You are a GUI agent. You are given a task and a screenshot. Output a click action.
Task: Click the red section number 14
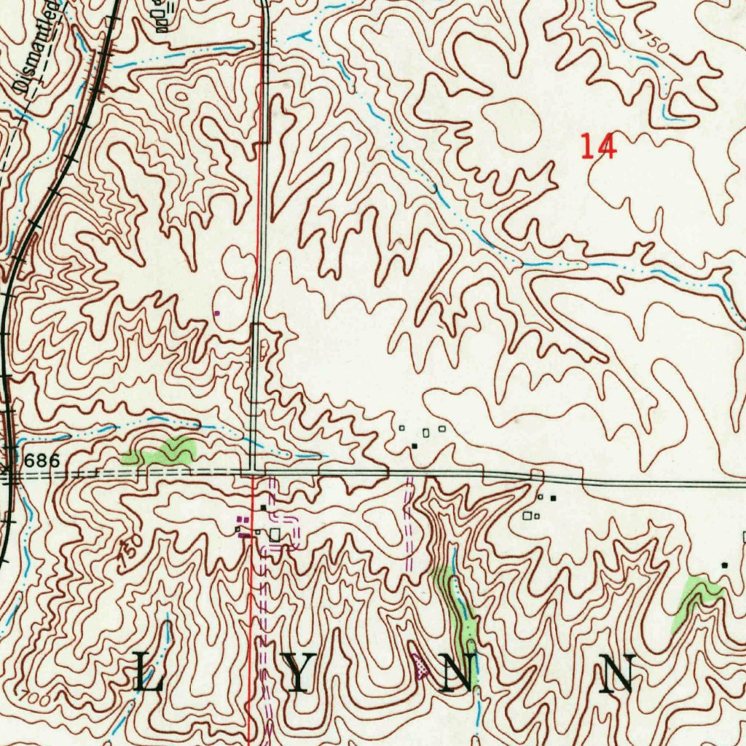(x=599, y=146)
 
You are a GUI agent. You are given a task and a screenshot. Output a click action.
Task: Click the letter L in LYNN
(x=149, y=673)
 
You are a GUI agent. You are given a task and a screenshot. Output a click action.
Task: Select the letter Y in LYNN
(x=301, y=673)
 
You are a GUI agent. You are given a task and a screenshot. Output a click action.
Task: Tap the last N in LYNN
(x=617, y=673)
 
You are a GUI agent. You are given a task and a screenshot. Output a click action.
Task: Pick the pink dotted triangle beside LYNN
(x=420, y=665)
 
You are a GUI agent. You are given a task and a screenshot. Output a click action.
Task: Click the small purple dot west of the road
(x=216, y=313)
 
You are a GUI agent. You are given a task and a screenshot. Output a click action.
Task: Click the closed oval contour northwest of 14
(x=513, y=125)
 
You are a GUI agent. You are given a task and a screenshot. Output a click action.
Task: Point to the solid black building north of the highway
(x=415, y=445)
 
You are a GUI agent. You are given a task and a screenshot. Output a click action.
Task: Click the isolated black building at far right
(x=724, y=565)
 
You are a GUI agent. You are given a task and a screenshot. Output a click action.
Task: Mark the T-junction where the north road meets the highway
(x=252, y=471)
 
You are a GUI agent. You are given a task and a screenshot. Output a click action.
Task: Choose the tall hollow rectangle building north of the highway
(x=425, y=433)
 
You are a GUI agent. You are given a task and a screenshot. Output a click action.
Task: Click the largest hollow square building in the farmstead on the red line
(x=275, y=535)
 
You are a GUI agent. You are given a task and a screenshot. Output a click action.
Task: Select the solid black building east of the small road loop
(x=553, y=498)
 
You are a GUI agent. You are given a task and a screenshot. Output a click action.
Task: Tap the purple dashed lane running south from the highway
(x=408, y=525)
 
